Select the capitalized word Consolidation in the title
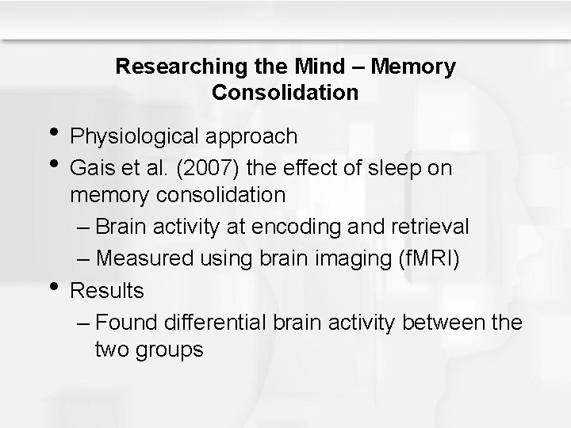(x=285, y=93)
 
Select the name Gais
(x=90, y=168)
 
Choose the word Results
(x=107, y=291)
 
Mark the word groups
(x=171, y=349)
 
